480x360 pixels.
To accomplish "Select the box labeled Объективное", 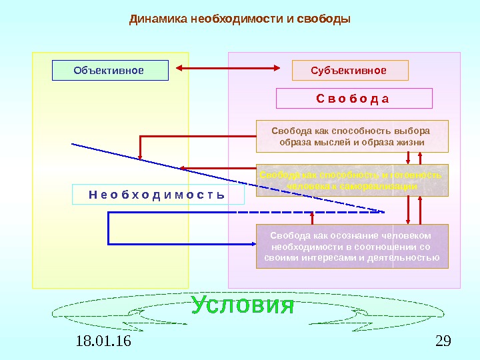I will pyautogui.click(x=110, y=70).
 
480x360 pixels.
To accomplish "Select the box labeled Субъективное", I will pyautogui.click(x=349, y=70).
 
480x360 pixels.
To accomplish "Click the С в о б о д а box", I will pyautogui.click(x=353, y=99).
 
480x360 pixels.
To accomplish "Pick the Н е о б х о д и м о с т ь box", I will pyautogui.click(x=157, y=194).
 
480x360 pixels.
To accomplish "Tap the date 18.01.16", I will pyautogui.click(x=104, y=342).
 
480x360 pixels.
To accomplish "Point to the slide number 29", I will pyautogui.click(x=442, y=342).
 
